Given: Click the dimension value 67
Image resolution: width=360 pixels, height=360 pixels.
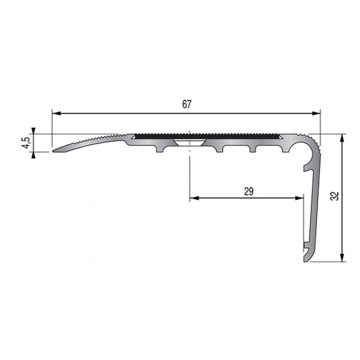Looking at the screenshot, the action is [187, 105].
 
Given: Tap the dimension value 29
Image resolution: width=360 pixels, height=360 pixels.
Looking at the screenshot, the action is [249, 192].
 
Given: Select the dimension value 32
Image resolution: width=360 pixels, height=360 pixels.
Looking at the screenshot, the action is [336, 196].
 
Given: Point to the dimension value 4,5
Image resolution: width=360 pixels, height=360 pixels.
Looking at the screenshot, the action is [27, 143].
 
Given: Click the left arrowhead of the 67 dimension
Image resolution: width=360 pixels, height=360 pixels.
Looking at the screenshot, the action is [56, 113].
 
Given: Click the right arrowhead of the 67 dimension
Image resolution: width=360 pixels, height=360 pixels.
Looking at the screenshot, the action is [316, 113].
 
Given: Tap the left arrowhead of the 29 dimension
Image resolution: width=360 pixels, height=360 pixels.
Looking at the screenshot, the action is [194, 198].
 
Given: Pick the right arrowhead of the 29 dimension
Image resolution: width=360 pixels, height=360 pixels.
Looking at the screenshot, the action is [300, 198].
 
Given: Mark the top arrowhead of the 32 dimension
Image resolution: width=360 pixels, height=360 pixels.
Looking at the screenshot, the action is [342, 138].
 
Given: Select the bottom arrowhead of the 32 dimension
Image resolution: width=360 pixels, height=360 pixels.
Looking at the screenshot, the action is [342, 257].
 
